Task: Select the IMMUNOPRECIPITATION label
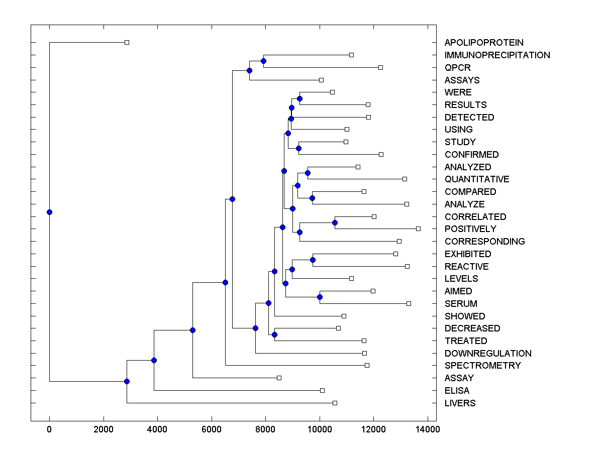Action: [497, 55]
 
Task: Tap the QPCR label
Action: [457, 68]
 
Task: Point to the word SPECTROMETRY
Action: [482, 366]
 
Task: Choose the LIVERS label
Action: [460, 403]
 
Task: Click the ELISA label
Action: [457, 391]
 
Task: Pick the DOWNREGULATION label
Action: [487, 354]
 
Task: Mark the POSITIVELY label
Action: [470, 229]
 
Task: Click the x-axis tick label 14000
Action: [428, 429]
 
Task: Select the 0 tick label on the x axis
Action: [49, 429]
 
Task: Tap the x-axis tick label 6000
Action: [212, 429]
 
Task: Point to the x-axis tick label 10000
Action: [320, 429]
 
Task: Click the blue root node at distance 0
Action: [49, 212]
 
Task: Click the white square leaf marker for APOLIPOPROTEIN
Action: [127, 42]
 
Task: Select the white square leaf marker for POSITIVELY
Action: [418, 229]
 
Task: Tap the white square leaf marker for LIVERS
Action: [335, 403]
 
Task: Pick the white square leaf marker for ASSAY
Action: [279, 378]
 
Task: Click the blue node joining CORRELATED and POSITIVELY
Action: [335, 222]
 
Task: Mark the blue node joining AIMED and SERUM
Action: [320, 297]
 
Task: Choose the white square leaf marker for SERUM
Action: [409, 303]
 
